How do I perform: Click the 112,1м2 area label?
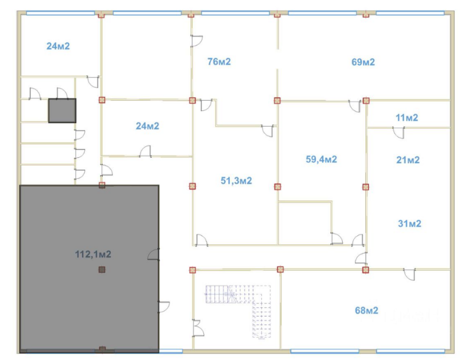[x=93, y=254]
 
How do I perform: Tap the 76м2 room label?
[x=219, y=62]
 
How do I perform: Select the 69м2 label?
[x=363, y=62]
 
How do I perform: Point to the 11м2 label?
[x=407, y=118]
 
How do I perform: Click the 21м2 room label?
[x=408, y=160]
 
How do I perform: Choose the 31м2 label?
[x=409, y=224]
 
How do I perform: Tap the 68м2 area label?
[x=366, y=310]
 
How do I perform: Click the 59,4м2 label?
[x=321, y=159]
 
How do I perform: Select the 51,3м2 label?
[x=236, y=181]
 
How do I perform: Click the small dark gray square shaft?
[x=62, y=111]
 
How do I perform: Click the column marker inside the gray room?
[x=102, y=269]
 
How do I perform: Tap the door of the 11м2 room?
[x=399, y=133]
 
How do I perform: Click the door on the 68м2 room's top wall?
[x=409, y=274]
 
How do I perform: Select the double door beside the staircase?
[x=198, y=328]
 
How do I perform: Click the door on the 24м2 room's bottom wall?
[x=145, y=151]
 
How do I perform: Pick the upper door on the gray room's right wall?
[x=153, y=254]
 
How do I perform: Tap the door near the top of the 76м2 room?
[x=197, y=41]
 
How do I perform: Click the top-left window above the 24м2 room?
[x=60, y=13]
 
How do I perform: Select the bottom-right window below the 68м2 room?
[x=411, y=351]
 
